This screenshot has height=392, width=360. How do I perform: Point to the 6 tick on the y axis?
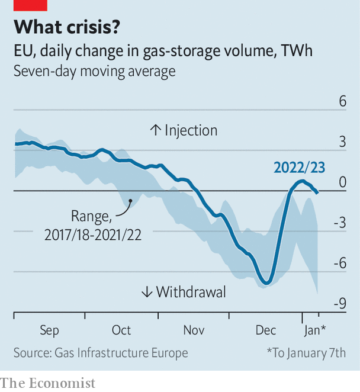pyautogui.click(x=342, y=102)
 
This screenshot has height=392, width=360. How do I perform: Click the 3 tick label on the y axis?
pyautogui.click(x=342, y=142)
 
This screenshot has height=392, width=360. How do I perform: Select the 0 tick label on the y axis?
pyautogui.click(x=342, y=182)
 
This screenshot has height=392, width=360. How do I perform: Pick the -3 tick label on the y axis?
pyautogui.click(x=339, y=223)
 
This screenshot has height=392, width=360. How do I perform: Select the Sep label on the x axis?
pyautogui.click(x=49, y=330)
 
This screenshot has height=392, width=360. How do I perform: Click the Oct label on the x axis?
pyautogui.click(x=121, y=330)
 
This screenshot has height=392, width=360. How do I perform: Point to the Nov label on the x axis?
pyautogui.click(x=194, y=330)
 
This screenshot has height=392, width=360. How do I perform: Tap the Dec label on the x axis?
pyautogui.click(x=266, y=330)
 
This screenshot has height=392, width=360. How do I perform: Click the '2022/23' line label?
pyautogui.click(x=299, y=168)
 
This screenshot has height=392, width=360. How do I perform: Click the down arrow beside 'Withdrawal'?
pyautogui.click(x=147, y=292)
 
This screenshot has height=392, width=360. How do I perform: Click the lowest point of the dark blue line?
pyautogui.click(x=267, y=284)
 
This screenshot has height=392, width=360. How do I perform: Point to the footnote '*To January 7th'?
pyautogui.click(x=306, y=353)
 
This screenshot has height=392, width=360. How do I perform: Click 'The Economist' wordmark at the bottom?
pyautogui.click(x=47, y=383)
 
